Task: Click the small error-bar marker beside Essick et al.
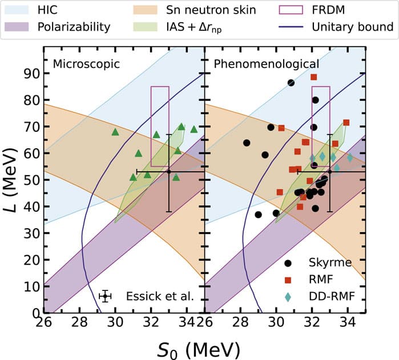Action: [104, 296]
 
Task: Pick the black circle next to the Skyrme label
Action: [289, 264]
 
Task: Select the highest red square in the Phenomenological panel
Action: [313, 77]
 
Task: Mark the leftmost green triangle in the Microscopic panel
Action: [115, 132]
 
